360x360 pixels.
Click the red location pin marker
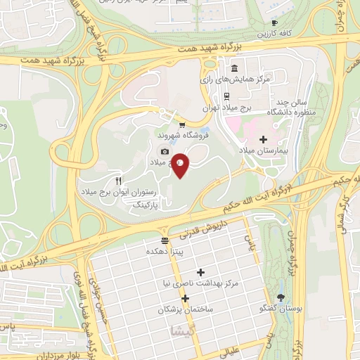coord(181,165)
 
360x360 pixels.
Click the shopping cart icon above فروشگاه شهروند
coord(181,124)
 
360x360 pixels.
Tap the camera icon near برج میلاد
coord(165,151)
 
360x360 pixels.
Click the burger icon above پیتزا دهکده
coord(165,240)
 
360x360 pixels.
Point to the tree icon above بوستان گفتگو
coord(281,297)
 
